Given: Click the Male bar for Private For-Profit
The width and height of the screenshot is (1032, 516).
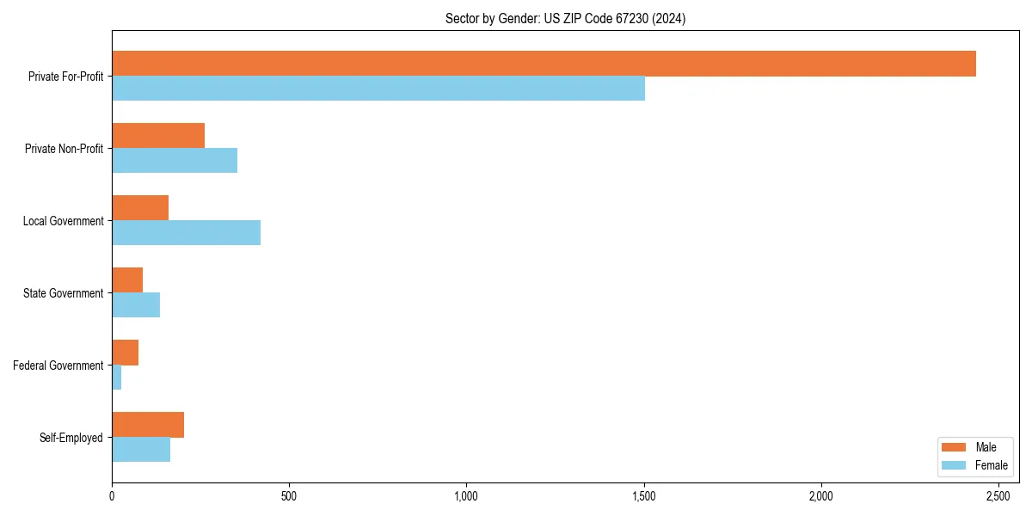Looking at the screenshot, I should click(x=544, y=64).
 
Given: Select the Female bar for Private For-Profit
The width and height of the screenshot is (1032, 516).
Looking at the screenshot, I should click(x=378, y=89).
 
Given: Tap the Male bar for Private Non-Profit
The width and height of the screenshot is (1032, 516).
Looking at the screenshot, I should click(x=158, y=136).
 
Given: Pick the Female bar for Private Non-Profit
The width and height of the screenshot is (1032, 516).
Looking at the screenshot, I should click(x=175, y=161).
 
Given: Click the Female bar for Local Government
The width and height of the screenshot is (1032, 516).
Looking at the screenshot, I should click(x=186, y=233).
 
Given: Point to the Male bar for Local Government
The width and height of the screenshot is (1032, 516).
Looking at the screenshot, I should click(x=140, y=208).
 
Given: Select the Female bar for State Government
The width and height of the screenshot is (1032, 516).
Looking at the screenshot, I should click(x=136, y=305).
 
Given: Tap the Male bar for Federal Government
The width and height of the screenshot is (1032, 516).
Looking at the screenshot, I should click(x=125, y=353).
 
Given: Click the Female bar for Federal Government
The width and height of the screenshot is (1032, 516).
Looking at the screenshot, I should click(x=117, y=378).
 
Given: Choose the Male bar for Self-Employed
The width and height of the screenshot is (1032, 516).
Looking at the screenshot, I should click(x=148, y=425).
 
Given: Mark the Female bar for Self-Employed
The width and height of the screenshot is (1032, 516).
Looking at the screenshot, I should click(x=141, y=450).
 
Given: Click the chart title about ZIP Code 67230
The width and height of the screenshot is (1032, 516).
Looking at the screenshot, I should click(x=565, y=18).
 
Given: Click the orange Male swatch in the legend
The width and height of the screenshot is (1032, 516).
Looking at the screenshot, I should click(x=955, y=447).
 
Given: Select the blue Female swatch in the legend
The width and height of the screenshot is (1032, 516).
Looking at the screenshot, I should click(x=955, y=465).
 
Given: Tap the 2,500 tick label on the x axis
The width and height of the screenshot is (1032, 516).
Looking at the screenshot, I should click(x=998, y=496).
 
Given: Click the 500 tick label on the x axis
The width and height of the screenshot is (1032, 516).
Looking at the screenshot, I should click(x=289, y=496).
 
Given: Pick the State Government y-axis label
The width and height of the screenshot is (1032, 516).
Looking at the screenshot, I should click(x=63, y=293).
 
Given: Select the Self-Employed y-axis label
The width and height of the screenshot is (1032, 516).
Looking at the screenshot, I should click(x=71, y=438).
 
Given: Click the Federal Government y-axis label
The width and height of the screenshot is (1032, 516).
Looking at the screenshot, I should click(x=58, y=365).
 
